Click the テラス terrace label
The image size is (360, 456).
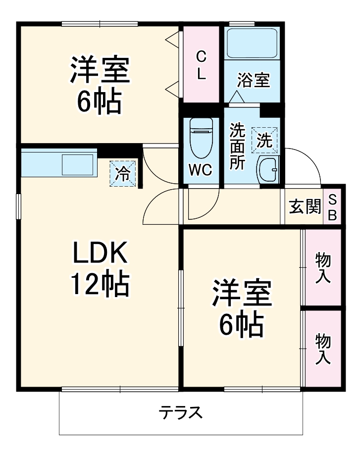[181, 412]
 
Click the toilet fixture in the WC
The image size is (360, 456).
[201, 137]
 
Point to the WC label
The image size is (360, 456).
[201, 169]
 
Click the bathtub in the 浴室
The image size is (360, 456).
[252, 44]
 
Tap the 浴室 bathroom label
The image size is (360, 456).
[253, 80]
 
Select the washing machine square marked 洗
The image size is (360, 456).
[264, 141]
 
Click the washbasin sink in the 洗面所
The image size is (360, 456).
[268, 171]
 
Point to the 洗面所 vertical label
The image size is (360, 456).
[237, 147]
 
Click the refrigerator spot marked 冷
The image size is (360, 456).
[122, 174]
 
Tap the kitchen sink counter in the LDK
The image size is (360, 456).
[58, 164]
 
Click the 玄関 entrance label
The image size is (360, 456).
[304, 207]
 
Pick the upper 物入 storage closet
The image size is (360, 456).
[323, 268]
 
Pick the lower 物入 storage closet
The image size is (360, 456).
[323, 349]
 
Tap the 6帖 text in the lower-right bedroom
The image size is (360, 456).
[242, 325]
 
